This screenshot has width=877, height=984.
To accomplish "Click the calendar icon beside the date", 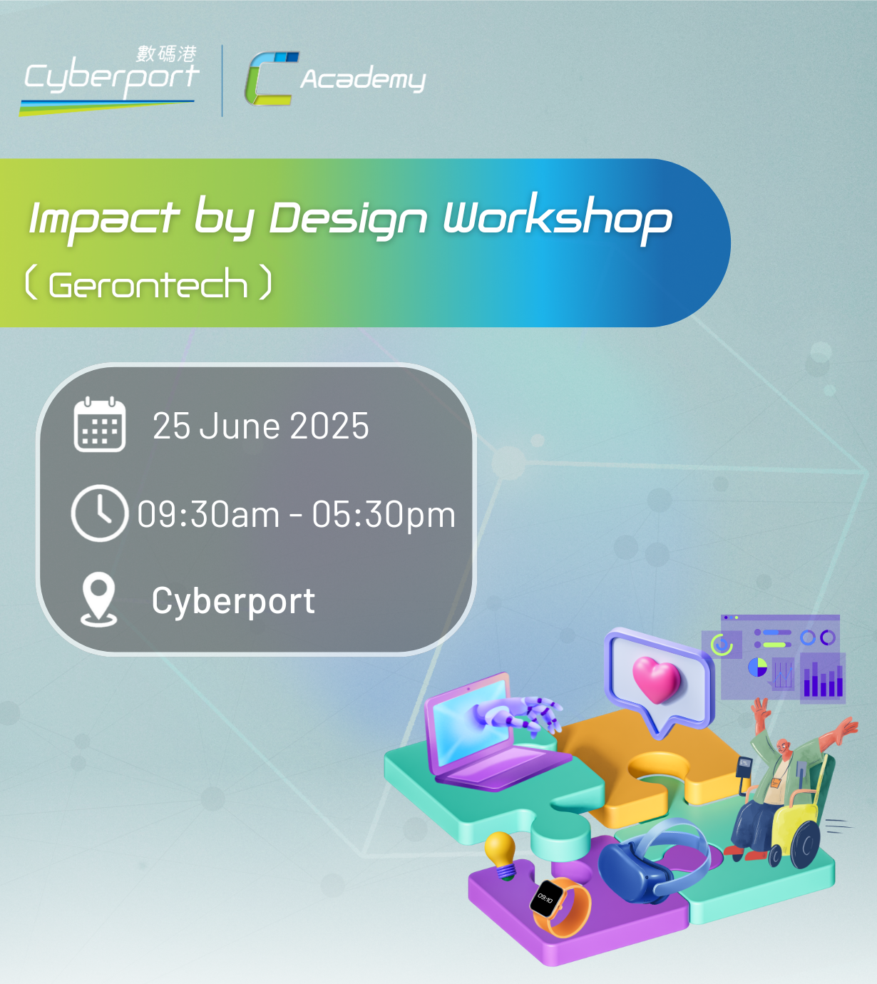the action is click(x=100, y=424).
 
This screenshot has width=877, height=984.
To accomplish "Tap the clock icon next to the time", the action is click(x=100, y=513).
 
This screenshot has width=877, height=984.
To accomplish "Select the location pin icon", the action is click(x=98, y=600).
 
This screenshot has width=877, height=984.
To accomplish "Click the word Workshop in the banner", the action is click(x=558, y=218).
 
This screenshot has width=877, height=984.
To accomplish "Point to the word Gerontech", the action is click(x=148, y=285).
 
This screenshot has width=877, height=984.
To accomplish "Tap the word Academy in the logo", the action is click(x=363, y=79).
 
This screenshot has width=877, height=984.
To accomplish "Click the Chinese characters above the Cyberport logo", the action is click(x=166, y=54).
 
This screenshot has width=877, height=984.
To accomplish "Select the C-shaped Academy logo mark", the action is click(x=272, y=78).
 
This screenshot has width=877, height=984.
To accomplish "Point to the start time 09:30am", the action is click(x=207, y=514).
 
